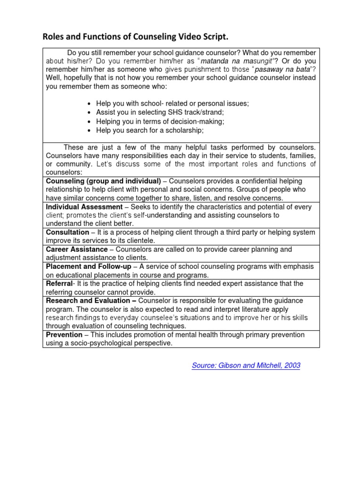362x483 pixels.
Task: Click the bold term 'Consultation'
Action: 67,232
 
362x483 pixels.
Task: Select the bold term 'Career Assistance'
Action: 77,249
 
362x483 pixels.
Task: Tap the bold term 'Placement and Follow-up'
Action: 89,266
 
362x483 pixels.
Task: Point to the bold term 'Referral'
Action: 59,283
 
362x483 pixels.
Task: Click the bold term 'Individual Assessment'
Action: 83,207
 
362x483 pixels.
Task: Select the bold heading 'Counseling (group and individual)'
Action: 103,181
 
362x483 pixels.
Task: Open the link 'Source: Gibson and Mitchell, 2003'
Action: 246,365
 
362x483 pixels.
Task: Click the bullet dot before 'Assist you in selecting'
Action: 90,112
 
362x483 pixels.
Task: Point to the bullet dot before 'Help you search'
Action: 90,130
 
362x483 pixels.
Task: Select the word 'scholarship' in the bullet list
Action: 184,130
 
